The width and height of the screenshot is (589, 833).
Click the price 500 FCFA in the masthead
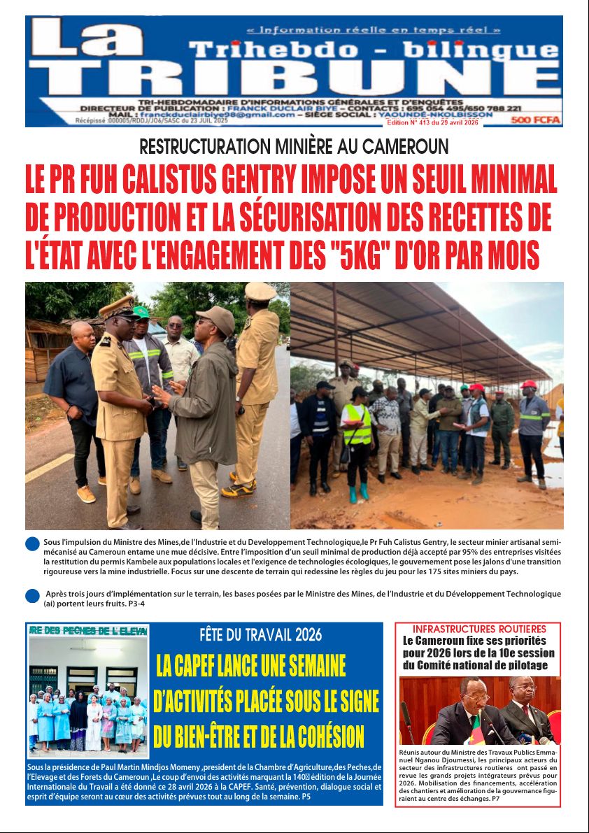536,120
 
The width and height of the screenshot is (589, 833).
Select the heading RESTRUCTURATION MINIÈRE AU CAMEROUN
294,147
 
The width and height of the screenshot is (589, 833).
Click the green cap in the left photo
141,312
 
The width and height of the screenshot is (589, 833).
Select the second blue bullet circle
32,596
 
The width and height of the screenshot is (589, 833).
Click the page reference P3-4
133,604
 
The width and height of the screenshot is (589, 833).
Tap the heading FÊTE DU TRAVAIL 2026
260,635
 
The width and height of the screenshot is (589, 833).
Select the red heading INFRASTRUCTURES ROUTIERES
478,629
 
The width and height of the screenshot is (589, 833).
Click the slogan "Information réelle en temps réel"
374,30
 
